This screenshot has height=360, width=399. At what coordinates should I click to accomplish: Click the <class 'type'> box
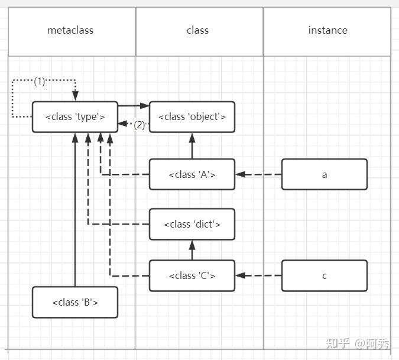tap(75, 116)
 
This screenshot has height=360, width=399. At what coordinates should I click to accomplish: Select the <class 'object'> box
tap(192, 116)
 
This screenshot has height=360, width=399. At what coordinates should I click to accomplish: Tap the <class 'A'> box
tap(192, 174)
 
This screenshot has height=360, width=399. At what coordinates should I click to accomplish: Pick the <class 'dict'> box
tap(192, 224)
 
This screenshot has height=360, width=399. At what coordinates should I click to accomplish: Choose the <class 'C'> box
tap(192, 275)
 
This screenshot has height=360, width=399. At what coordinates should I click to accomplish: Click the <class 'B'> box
tap(75, 302)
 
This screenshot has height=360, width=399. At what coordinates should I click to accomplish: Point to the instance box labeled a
tap(324, 174)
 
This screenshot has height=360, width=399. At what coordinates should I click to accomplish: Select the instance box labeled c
tap(324, 275)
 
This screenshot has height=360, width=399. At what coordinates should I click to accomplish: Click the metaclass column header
tap(70, 30)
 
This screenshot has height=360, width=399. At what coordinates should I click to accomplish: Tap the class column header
tap(197, 30)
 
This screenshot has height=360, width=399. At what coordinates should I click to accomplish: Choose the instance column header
tap(327, 30)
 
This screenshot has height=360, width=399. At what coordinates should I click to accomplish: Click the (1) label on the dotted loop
tap(39, 81)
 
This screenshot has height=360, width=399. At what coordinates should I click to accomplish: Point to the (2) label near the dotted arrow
tap(140, 125)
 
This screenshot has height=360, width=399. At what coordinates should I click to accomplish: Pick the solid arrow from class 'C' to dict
tap(192, 250)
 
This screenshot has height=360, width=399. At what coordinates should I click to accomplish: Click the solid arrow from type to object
tap(134, 106)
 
